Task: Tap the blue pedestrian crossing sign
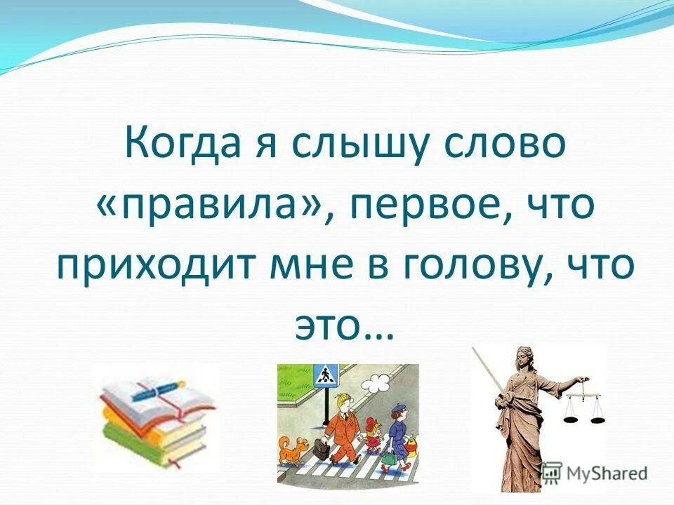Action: click(x=325, y=377)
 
